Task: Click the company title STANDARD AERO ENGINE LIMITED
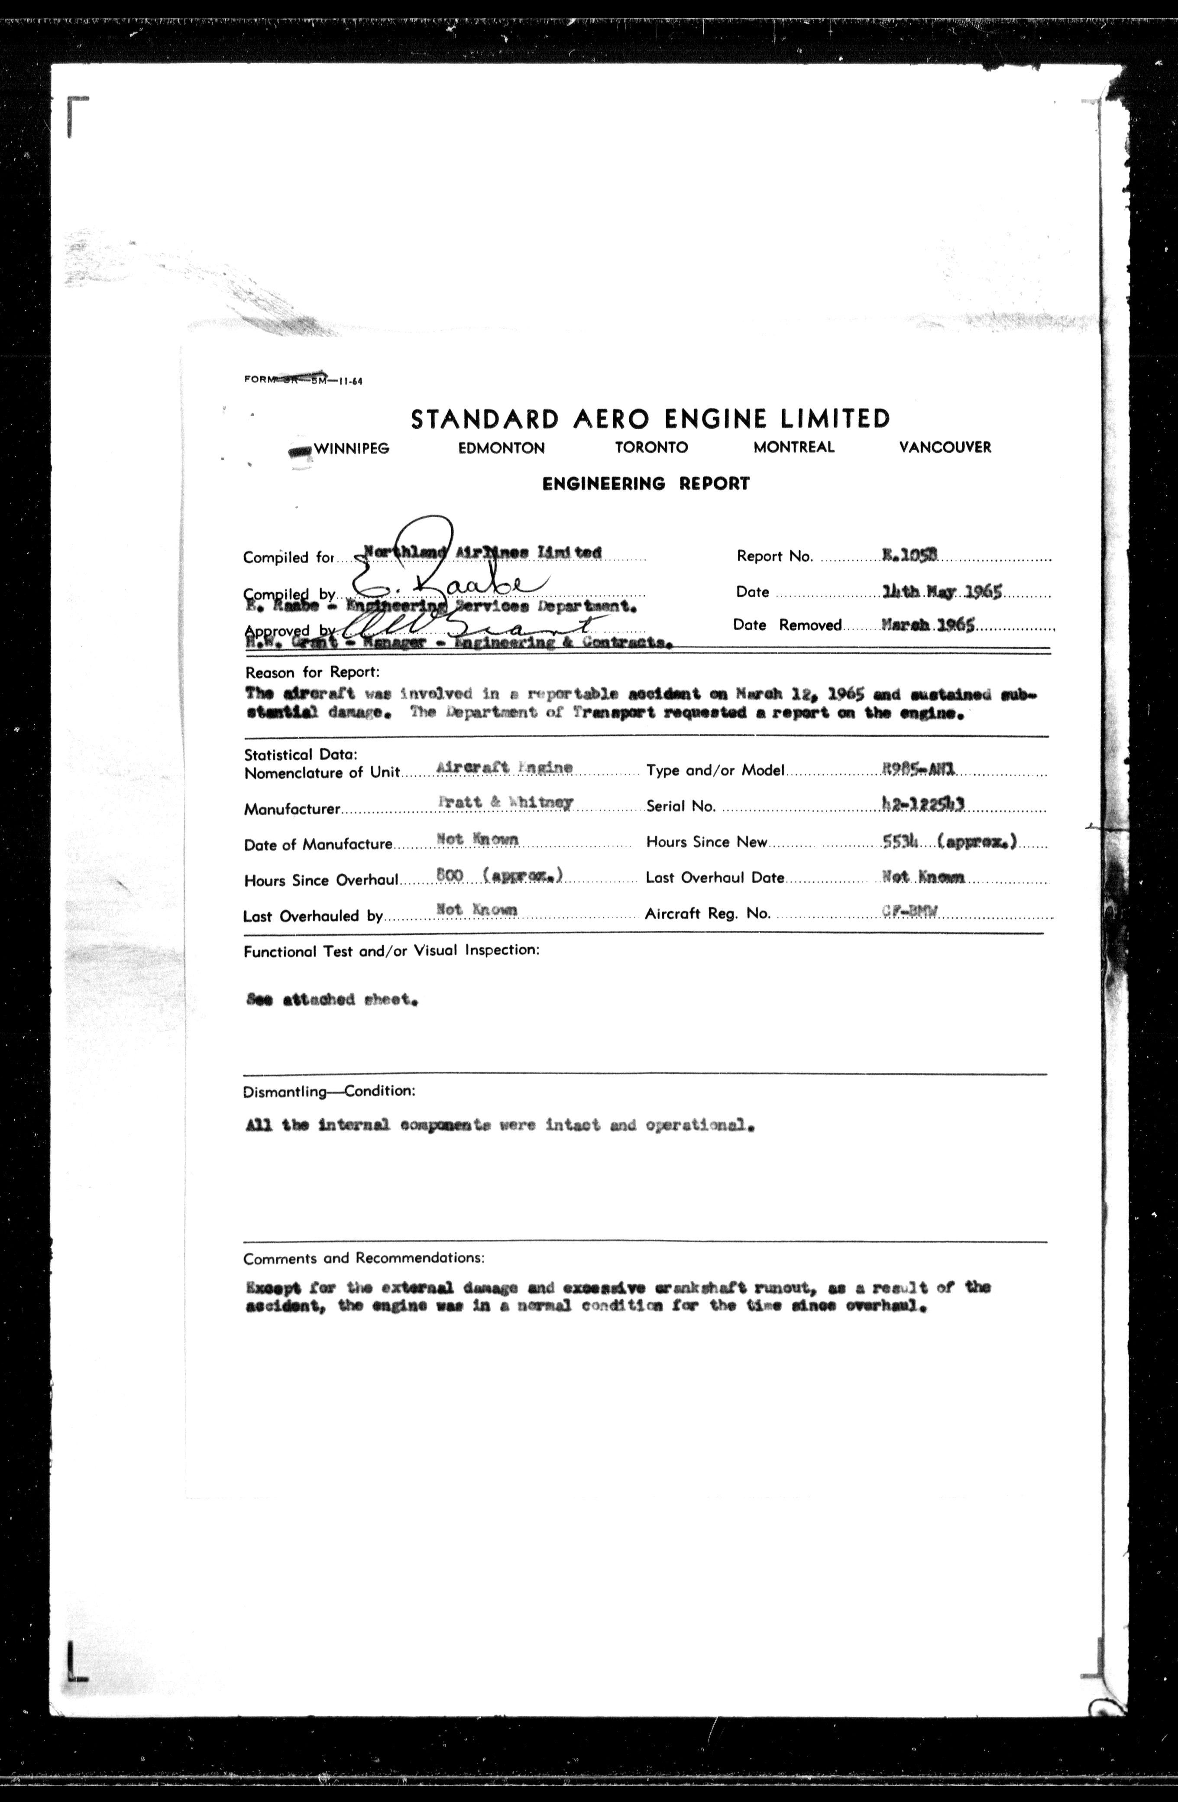pos(650,419)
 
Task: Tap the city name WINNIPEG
pos(351,448)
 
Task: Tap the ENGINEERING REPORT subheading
pos(646,484)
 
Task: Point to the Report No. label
pos(774,557)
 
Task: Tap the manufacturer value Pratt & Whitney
pos(505,803)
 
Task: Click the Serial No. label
pos(681,807)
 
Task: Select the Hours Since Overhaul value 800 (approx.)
pos(500,876)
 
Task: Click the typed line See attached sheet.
pos(332,999)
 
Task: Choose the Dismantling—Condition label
pos(329,1092)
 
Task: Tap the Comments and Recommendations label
pos(363,1258)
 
